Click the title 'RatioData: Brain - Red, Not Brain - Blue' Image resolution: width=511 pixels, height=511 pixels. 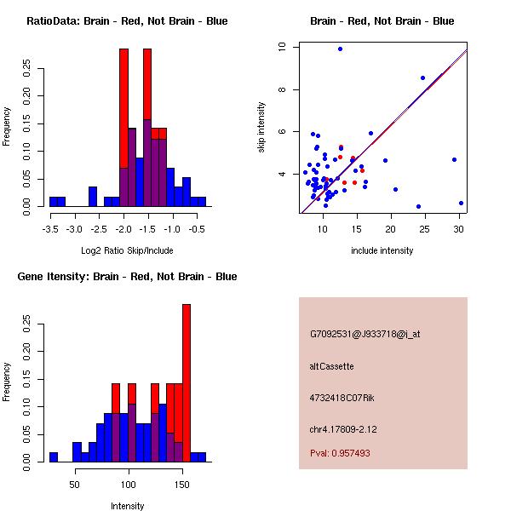pyautogui.click(x=127, y=21)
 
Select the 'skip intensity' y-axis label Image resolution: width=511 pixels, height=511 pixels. pyautogui.click(x=261, y=128)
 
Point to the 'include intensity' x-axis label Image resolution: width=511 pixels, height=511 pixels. pyautogui.click(x=382, y=250)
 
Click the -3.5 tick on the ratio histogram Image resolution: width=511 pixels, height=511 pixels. pyautogui.click(x=49, y=228)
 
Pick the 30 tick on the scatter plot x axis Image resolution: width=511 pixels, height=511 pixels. pyautogui.click(x=459, y=228)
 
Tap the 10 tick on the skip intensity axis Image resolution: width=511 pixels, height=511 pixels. pyautogui.click(x=282, y=47)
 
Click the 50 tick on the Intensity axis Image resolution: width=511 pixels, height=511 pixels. pyautogui.click(x=76, y=484)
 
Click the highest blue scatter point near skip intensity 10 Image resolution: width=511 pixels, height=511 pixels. pyautogui.click(x=340, y=49)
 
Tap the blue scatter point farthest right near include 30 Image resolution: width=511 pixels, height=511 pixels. pyautogui.click(x=461, y=203)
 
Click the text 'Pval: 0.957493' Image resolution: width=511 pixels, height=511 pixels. pyautogui.click(x=340, y=454)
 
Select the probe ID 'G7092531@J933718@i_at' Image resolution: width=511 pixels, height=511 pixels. pyautogui.click(x=365, y=334)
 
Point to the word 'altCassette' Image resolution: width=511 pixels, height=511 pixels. pyautogui.click(x=331, y=366)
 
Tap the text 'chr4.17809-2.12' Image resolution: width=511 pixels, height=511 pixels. pyautogui.click(x=343, y=428)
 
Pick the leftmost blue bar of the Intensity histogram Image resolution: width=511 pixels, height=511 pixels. pyautogui.click(x=53, y=456)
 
